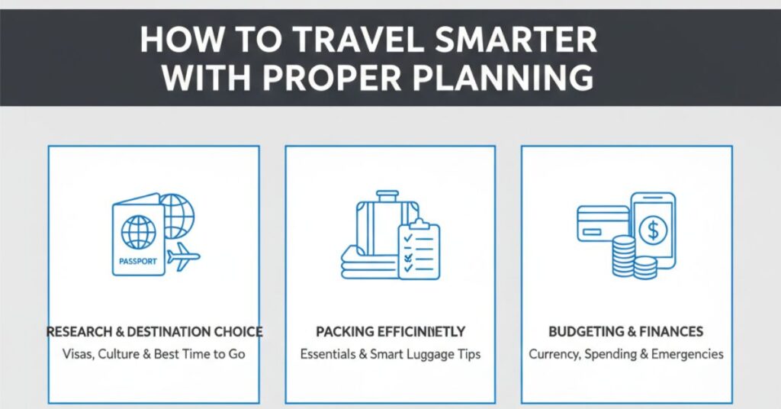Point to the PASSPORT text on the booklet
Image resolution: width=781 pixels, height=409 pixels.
pos(138,261)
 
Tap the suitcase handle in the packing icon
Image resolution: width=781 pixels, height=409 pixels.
pos(387,196)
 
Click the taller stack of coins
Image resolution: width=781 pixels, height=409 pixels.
pos(624,256)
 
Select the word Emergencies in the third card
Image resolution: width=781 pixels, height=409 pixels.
pos(687,355)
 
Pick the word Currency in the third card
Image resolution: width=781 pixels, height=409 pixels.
pos(555,355)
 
